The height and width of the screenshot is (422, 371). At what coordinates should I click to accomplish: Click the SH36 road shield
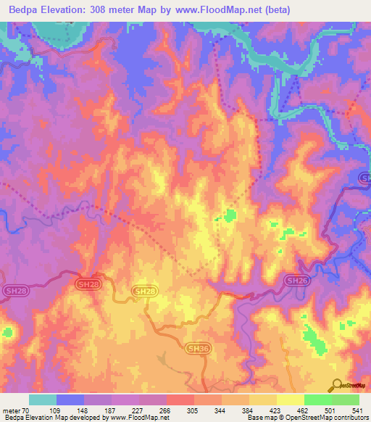[x=194, y=348]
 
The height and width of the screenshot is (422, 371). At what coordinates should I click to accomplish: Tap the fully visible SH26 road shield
[x=294, y=281]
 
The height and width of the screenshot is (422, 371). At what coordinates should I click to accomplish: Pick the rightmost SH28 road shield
[x=143, y=291]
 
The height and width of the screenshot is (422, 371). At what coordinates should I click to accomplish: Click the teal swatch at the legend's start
[x=43, y=400]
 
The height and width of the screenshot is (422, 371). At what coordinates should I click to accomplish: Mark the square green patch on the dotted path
[x=230, y=215]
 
